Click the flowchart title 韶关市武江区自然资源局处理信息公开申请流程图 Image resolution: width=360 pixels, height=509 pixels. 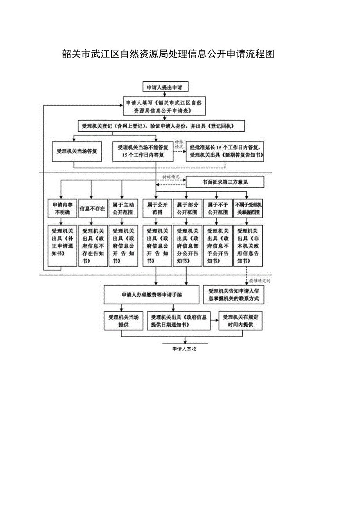click(168, 54)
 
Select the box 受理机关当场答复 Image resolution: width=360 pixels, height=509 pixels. click(77, 151)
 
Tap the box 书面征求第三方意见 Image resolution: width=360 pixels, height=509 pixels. click(225, 182)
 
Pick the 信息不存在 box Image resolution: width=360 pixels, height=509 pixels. click(92, 209)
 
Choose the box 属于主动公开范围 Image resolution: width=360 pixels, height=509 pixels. click(122, 209)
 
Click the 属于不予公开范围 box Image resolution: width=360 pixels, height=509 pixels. click(218, 209)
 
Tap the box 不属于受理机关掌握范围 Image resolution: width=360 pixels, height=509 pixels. click(248, 209)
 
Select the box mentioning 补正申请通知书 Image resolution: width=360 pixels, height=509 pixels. click(62, 246)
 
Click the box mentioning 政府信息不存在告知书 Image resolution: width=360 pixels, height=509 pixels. click(93, 246)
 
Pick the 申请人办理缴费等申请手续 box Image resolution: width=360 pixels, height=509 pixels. click(151, 295)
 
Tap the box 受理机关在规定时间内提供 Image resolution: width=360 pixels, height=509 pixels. click(240, 321)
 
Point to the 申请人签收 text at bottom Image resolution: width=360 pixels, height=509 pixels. click(184, 349)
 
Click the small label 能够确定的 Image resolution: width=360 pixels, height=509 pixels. click(260, 281)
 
